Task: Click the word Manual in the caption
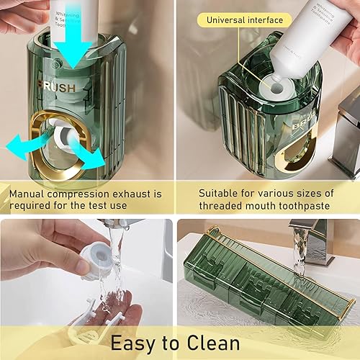click(x=30, y=194)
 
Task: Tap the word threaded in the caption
click(x=221, y=206)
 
